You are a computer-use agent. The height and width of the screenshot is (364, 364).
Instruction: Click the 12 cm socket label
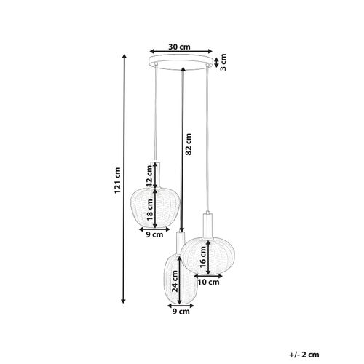click(150, 175)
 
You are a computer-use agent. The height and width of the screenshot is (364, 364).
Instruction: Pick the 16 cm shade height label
click(205, 256)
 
